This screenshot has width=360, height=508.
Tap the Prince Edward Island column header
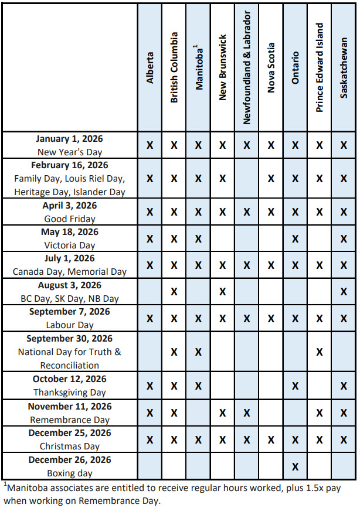pos(320,67)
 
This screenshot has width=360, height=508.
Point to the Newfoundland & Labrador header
pos(247,67)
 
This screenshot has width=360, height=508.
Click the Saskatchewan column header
pos(344,68)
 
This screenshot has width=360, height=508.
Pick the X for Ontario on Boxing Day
pos(295,466)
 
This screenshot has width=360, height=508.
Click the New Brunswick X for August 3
pos(222,291)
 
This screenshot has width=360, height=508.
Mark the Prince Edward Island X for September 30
pos(320,352)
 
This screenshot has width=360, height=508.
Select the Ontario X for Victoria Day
pos(295,238)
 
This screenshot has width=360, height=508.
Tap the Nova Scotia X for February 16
pos(271,178)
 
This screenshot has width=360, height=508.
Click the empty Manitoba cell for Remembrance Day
pos(199,413)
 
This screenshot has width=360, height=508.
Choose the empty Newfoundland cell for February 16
pos(247,178)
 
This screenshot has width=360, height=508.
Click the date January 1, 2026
pos(69,139)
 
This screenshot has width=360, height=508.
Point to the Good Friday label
pos(70,219)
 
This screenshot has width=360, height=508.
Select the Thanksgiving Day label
pos(70,393)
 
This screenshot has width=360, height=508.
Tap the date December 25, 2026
pos(69,433)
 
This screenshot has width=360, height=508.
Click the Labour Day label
pos(70,325)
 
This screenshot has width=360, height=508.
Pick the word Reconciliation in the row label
pos(70,365)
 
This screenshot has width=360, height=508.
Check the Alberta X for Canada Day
pos(150,265)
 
